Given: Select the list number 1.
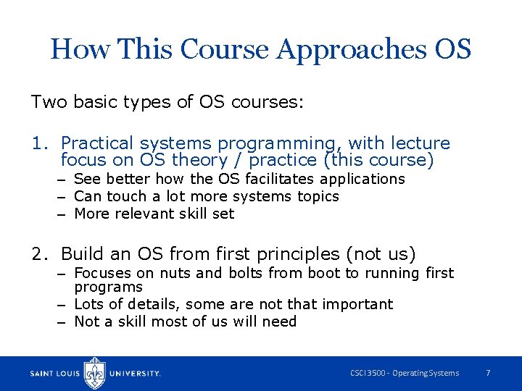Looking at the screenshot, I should pos(38,143).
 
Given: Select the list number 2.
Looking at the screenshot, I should pos(38,254).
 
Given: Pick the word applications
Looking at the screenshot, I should pos(362,179).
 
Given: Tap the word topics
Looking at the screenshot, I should pos(317,196).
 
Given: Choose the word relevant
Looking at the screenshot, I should pos(152,214).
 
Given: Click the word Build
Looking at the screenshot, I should pos(82,254).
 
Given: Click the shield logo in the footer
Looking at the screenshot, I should pos(95,373).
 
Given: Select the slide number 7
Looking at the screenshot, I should pos(488,373).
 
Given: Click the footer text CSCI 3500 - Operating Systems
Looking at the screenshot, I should pos(405,373).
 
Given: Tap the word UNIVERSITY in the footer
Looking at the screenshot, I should pos(135,374).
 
